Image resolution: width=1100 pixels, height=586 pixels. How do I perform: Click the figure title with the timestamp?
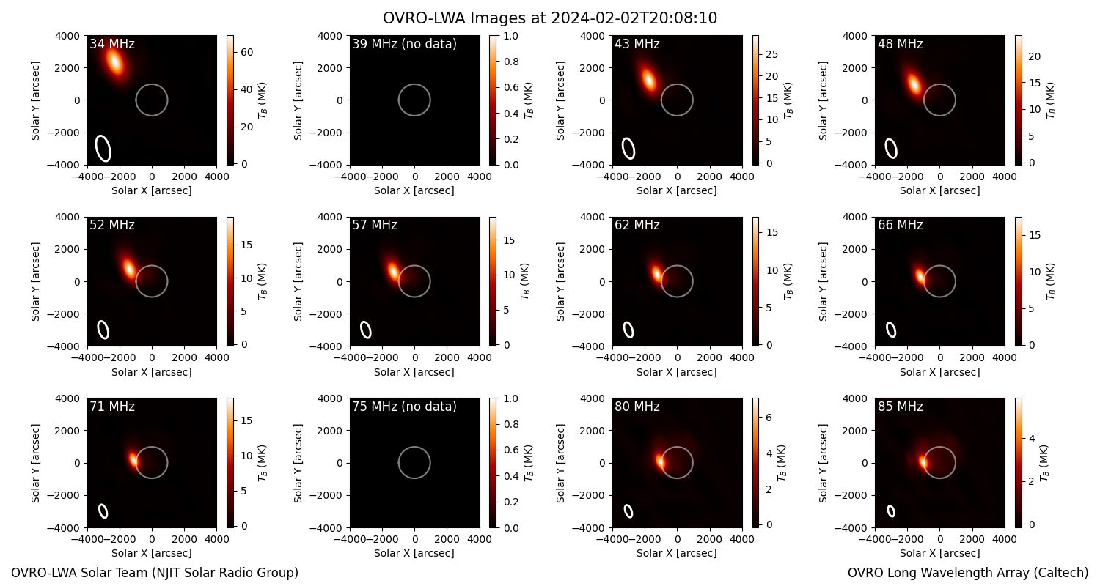(x=550, y=18)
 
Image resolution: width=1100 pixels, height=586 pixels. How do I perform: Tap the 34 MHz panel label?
(x=112, y=44)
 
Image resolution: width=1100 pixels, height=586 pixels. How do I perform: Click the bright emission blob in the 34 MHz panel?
(x=114, y=62)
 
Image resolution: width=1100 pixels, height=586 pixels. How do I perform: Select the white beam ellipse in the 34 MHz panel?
(x=103, y=148)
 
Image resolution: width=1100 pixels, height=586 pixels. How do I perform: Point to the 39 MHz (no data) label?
(x=404, y=44)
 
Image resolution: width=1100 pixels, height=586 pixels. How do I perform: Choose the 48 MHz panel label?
(x=900, y=44)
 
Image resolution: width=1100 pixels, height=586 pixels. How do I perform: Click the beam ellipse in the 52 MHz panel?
(x=103, y=330)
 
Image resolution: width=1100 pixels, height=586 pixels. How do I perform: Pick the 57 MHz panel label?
(x=375, y=225)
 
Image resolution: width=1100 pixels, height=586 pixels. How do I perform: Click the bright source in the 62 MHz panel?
(x=656, y=273)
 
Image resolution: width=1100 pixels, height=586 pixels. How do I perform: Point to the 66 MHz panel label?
(x=900, y=225)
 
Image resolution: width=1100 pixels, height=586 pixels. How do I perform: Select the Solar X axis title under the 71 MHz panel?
(x=151, y=553)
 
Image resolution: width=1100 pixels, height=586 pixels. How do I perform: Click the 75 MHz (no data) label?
(x=404, y=407)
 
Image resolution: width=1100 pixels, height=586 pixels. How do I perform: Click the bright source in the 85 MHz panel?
(x=923, y=462)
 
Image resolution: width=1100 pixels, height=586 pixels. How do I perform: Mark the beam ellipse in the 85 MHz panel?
(x=891, y=511)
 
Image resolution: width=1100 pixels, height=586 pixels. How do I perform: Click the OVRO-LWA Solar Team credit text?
(x=155, y=573)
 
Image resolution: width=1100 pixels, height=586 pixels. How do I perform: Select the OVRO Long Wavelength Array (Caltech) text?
(x=968, y=573)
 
